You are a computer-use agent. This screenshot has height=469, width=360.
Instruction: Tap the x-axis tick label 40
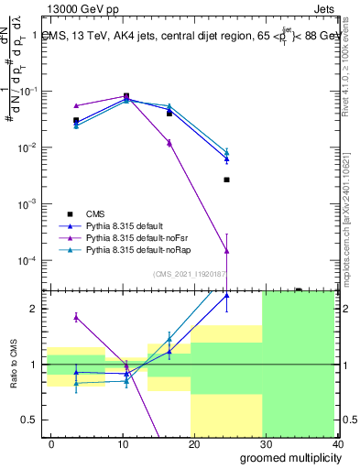336,443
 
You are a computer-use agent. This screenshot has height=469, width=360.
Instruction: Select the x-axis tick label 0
51,443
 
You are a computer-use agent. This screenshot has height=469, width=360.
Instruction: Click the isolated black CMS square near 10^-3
226,180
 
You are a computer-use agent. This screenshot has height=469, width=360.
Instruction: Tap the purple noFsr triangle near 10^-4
226,250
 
